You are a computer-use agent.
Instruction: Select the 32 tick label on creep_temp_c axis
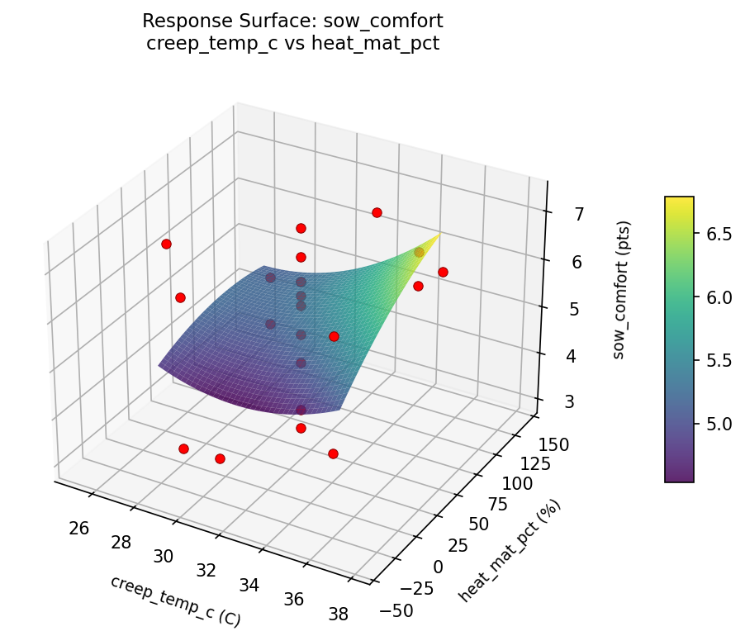point(206,570)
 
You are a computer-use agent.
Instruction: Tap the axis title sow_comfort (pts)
point(625,289)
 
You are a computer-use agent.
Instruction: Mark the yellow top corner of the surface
point(439,235)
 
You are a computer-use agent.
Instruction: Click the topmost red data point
point(377,212)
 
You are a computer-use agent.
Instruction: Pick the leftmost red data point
point(166,244)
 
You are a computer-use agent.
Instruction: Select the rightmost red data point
point(443,272)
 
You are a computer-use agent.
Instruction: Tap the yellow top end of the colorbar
point(679,199)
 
